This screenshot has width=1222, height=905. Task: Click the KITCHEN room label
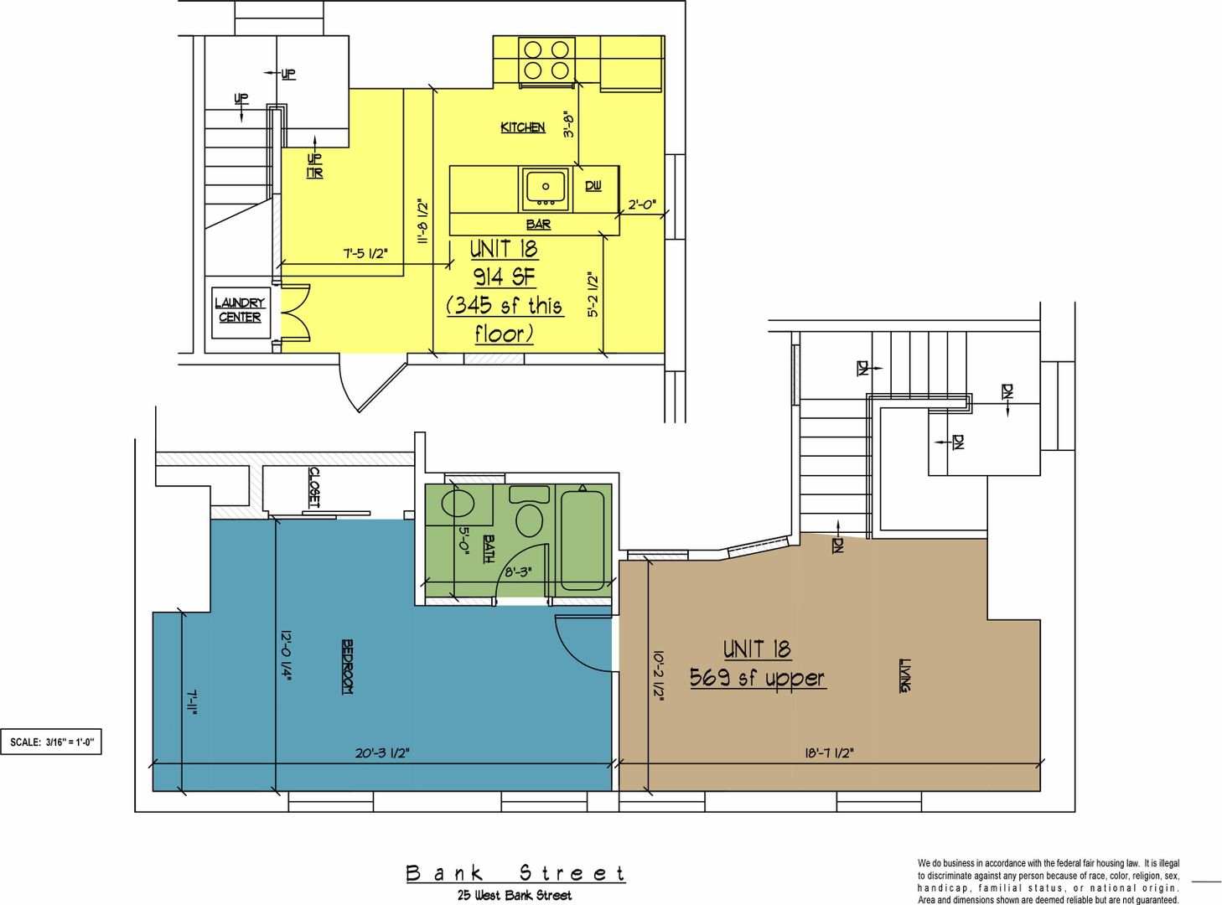coord(522,127)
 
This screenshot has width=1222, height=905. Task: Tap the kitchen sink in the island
coord(545,189)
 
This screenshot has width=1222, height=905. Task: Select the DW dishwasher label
coord(593,186)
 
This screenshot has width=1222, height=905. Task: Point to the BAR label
coord(538,225)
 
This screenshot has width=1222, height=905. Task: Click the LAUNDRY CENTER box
coord(241,313)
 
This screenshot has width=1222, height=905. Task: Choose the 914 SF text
coord(505,277)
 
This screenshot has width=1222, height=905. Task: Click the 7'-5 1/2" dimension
coord(365,253)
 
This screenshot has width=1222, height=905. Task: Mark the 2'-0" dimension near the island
coord(642,204)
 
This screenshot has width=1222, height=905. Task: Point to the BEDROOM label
coord(347,666)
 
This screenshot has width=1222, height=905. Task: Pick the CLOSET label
coord(314,488)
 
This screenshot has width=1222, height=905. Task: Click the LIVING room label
coord(905,675)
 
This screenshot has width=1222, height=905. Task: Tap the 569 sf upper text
coord(758,678)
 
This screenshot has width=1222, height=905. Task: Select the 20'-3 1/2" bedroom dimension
coord(382,753)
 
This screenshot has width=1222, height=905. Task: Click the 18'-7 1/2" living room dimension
coord(829,753)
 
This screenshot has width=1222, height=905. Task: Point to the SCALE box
coord(50,742)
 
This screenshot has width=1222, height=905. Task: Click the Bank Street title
coord(515,874)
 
